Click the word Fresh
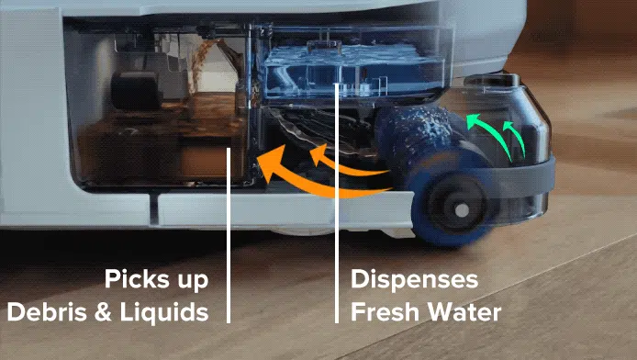point(386,311)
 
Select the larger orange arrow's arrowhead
point(266,165)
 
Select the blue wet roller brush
point(413,147)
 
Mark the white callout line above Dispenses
point(338,184)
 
